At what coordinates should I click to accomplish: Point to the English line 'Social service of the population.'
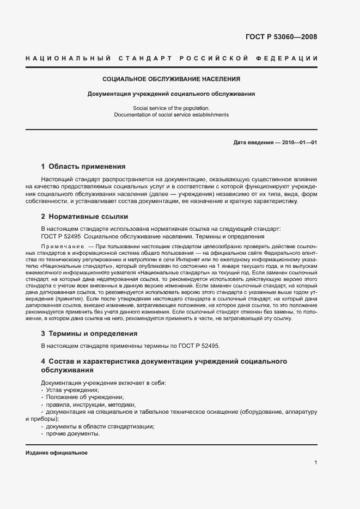(172, 108)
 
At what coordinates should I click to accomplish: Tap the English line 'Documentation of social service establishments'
(172, 115)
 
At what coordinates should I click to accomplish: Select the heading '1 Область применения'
(83, 167)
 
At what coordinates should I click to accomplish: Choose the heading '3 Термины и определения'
(89, 333)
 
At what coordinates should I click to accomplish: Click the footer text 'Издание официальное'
(56, 453)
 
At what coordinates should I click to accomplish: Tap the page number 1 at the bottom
(316, 462)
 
